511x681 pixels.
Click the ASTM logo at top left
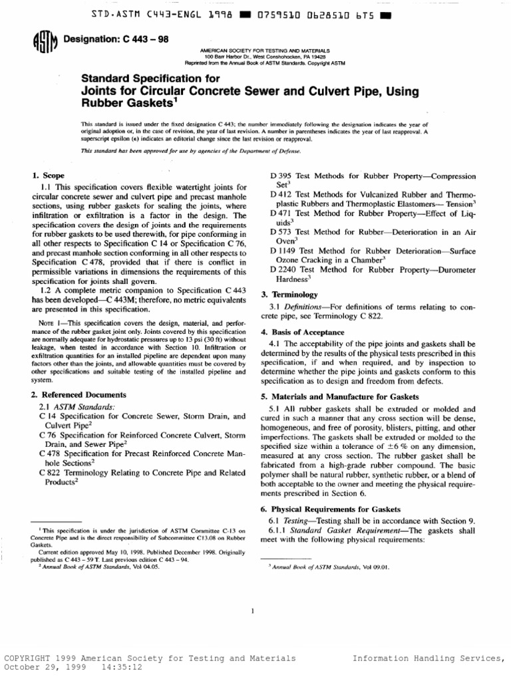coord(45,43)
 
